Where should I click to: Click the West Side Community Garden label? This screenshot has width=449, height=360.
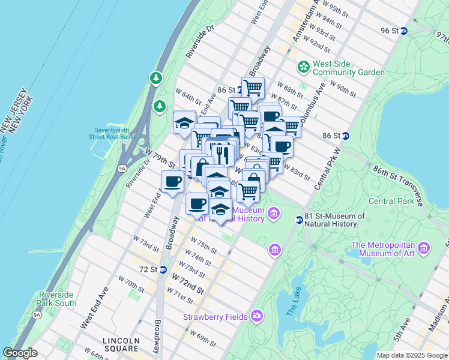click(x=348, y=68)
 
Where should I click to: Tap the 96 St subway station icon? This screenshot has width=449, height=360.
click(x=404, y=31)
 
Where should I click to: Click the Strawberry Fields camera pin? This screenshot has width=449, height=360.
click(x=257, y=315)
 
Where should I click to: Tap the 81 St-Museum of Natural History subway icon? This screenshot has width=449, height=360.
click(x=299, y=220)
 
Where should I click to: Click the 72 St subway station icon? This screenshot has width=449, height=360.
click(x=163, y=269)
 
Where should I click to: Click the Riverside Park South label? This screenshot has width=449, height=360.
click(x=58, y=299)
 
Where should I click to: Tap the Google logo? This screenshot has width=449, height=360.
click(x=20, y=353)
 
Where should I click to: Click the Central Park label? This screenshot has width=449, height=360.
click(x=391, y=200)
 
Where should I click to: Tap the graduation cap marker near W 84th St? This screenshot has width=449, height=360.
click(x=184, y=122)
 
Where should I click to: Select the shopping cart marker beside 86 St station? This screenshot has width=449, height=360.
click(x=253, y=88)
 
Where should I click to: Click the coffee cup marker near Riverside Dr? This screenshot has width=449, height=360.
click(x=173, y=181)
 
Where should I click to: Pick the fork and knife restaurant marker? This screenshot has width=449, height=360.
click(x=222, y=154)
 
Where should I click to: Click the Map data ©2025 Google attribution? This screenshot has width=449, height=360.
click(x=411, y=355)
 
